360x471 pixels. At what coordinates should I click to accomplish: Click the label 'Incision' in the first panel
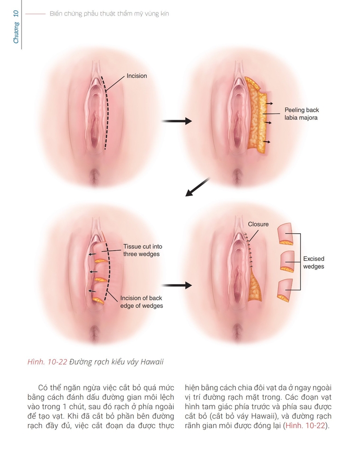point(137,76)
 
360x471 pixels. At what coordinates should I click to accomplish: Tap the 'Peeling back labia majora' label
point(301,114)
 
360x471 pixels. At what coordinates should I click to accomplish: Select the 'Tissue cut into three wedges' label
point(143,250)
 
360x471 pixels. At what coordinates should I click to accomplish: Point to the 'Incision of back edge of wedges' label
point(142,302)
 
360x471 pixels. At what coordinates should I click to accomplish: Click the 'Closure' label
point(258,224)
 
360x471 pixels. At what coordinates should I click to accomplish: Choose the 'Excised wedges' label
point(314,263)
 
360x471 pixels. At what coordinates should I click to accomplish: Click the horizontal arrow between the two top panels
point(177,121)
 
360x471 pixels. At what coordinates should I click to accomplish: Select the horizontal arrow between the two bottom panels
point(177,286)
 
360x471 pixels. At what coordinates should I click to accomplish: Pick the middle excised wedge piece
point(287,262)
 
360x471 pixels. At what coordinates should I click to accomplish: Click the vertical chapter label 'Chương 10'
point(16,28)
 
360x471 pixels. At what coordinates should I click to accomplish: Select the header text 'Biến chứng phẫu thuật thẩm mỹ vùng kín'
point(109,14)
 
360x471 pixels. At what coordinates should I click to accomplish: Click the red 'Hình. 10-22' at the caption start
point(47,362)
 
